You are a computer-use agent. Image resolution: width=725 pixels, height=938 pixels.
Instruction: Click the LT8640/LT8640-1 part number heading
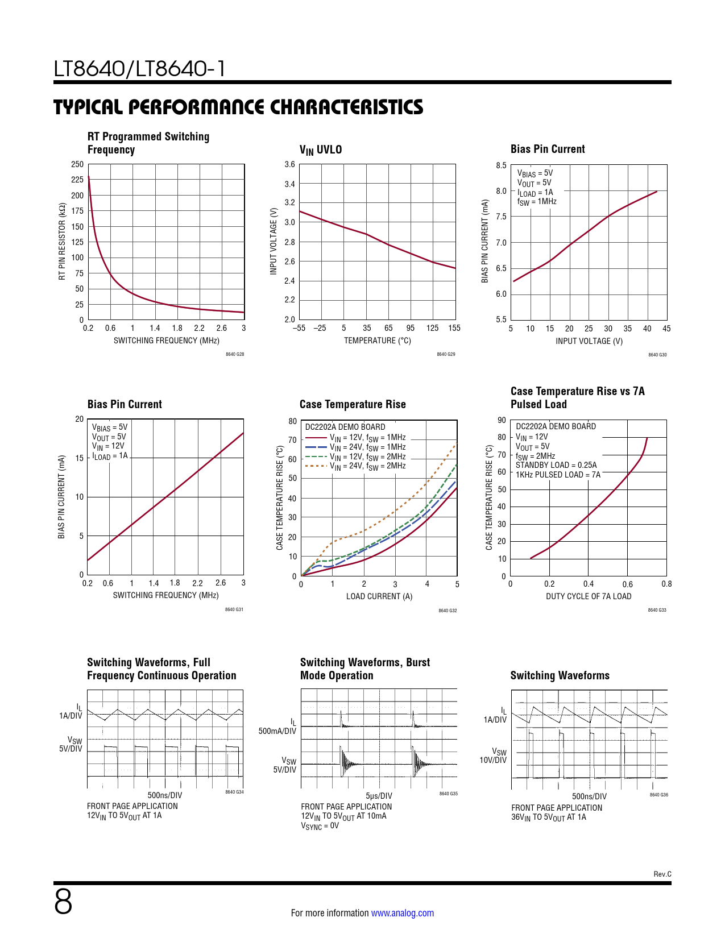click(x=139, y=69)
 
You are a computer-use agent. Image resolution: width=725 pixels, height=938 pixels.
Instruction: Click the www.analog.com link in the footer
click(x=402, y=913)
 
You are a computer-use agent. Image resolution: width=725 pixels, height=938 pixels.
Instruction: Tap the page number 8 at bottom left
click(x=63, y=902)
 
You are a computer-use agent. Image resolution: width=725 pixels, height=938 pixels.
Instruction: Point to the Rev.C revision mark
click(x=662, y=874)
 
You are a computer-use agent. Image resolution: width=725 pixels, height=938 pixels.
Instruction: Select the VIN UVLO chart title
click(x=321, y=150)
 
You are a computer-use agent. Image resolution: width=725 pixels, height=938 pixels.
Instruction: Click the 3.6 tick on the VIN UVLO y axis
click(x=289, y=165)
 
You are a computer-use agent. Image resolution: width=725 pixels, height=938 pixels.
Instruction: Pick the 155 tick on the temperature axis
click(x=454, y=328)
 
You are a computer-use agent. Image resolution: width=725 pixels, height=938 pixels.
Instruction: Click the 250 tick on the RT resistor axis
click(x=77, y=164)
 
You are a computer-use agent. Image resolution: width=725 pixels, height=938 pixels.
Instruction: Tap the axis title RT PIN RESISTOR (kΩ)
click(x=62, y=242)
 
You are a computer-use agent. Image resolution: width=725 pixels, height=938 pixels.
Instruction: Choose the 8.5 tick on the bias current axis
click(x=501, y=165)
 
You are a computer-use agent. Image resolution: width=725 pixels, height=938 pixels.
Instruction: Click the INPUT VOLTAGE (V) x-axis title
click(x=589, y=341)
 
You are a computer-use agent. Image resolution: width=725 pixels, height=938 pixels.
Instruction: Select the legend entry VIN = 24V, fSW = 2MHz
click(x=367, y=466)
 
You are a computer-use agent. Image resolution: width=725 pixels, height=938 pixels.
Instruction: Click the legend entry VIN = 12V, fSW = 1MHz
click(x=367, y=438)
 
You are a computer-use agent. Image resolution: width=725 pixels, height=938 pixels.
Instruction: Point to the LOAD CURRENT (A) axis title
click(x=379, y=596)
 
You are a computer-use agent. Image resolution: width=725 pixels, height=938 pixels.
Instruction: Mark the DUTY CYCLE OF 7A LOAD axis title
click(x=589, y=596)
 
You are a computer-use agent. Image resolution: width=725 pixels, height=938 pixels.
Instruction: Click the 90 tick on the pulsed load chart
click(x=502, y=420)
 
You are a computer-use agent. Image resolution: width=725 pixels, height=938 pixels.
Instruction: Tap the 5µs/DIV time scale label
click(x=379, y=796)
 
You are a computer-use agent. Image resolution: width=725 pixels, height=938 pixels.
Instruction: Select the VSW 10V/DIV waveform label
click(x=493, y=756)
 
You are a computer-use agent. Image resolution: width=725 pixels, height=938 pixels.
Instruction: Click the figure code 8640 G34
click(x=234, y=792)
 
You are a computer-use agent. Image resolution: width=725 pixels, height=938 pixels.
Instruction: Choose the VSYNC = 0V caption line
click(x=320, y=826)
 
